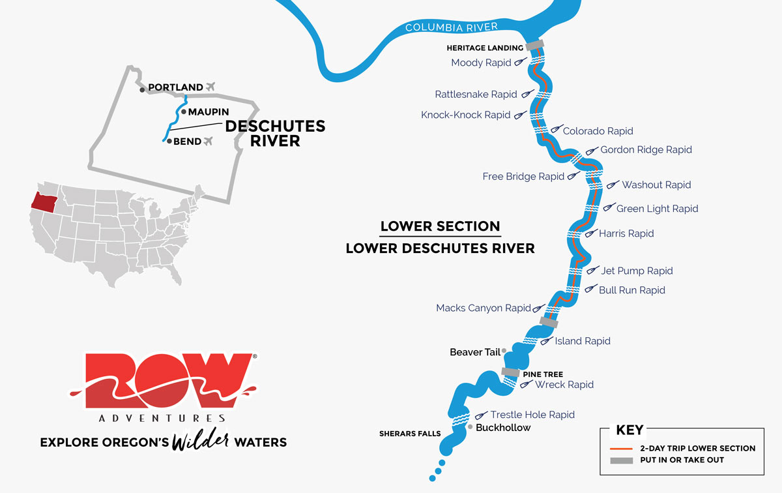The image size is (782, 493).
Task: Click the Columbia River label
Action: click(x=452, y=27)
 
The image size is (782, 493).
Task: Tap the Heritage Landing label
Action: click(x=485, y=48)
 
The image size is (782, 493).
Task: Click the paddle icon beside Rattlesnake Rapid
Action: click(x=528, y=94)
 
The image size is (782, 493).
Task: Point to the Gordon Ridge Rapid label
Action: click(x=646, y=150)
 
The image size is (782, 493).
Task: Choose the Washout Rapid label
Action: click(x=656, y=185)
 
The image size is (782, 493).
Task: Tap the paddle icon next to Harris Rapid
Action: click(x=590, y=233)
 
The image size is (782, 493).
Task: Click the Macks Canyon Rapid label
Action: click(x=484, y=308)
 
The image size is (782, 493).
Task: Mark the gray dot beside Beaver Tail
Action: click(x=504, y=351)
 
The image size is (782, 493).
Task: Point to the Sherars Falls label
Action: click(x=410, y=434)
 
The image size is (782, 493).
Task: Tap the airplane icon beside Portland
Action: click(x=210, y=87)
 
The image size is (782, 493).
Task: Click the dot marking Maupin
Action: click(x=184, y=112)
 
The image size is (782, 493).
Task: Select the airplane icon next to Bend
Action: click(x=209, y=141)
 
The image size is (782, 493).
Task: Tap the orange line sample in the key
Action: click(x=622, y=449)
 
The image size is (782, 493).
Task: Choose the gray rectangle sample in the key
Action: click(x=622, y=460)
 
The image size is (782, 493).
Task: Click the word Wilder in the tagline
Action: click(x=199, y=441)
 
